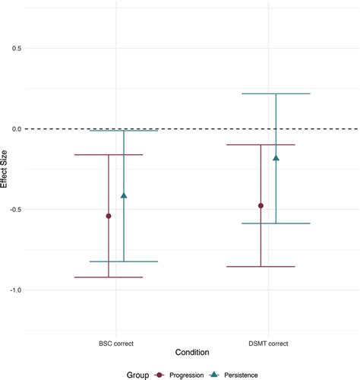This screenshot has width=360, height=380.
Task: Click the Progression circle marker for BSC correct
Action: pos(109,216)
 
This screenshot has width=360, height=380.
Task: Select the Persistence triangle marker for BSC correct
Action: pos(124,195)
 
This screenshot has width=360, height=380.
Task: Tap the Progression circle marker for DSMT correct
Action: pos(261,206)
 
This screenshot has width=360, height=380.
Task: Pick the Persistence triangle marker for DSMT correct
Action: pos(276,158)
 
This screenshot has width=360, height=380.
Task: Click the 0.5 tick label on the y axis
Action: pos(17,48)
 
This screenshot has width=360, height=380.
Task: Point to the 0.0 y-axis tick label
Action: pos(17,129)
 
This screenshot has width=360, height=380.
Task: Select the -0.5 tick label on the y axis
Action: pos(15,210)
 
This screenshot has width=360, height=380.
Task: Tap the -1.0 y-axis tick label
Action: pos(15,290)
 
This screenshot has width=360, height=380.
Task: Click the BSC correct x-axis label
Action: pos(116,344)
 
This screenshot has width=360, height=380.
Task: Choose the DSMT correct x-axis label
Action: pos(268,344)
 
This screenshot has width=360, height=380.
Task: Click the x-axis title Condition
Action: pos(192,352)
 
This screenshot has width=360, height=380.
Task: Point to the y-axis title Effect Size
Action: pos(4,169)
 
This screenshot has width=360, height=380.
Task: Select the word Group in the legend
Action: pos(137,375)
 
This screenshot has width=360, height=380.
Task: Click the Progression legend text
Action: pos(187,375)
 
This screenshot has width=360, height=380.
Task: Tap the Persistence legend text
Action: pos(241,375)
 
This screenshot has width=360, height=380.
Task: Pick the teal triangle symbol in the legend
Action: pos(215,375)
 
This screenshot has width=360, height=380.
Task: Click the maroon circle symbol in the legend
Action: pos(159,375)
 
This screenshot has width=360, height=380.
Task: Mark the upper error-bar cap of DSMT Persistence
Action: pos(276,93)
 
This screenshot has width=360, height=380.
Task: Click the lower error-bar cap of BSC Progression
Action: pos(109,277)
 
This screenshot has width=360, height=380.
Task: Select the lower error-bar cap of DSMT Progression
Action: pos(261,267)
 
